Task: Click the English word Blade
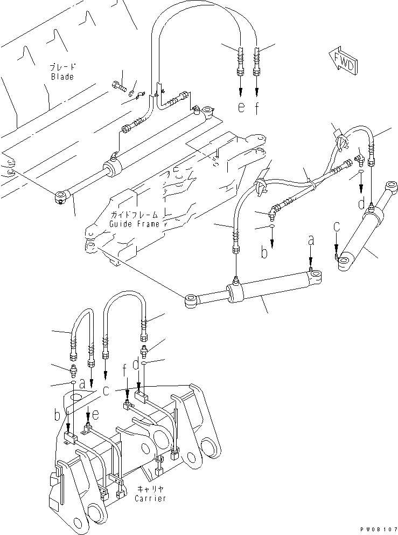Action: tap(62, 77)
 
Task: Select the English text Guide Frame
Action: tap(134, 224)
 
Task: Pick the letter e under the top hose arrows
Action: tap(241, 107)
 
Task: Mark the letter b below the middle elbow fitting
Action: tap(264, 252)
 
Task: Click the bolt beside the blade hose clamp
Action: tap(119, 85)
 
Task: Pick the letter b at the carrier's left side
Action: tap(57, 415)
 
